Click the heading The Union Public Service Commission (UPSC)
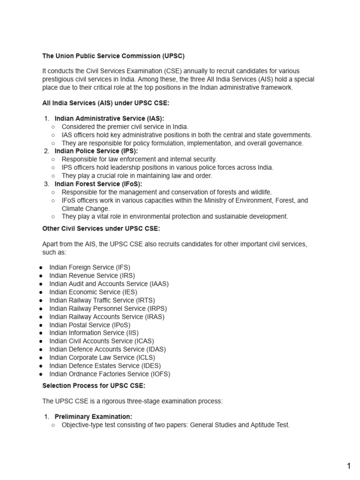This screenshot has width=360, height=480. pos(113,56)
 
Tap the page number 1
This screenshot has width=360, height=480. pos(348,466)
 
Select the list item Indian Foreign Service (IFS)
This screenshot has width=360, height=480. pos(90,267)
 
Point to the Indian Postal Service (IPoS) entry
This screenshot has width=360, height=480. pos(90,325)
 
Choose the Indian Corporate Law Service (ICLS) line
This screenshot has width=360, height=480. pos(102,358)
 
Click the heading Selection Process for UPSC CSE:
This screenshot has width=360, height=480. pos(94,386)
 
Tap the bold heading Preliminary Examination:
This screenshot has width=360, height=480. pos(93,416)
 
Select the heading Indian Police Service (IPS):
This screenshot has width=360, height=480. pos(96,151)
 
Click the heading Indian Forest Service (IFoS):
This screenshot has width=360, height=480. pos(98,184)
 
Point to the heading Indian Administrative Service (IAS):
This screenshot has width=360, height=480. pos(109,118)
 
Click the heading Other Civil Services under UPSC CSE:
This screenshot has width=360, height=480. pos(101,229)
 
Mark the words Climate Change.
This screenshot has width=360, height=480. pos(86,208)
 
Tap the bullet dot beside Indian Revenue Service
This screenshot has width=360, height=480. pos(41,276)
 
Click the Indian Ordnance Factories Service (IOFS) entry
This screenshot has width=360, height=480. pos(110,374)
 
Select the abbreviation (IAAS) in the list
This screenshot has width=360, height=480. pos(159,284)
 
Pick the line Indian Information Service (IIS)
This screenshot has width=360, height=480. pos(94,333)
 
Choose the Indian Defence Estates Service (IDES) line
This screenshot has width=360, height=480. pos(105,366)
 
